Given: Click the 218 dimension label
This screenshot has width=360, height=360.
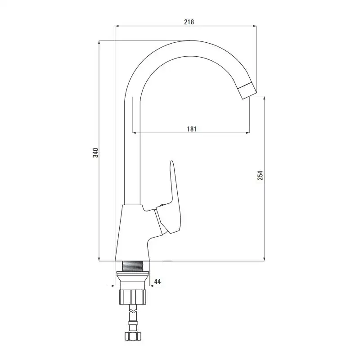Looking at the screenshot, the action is tap(189, 22).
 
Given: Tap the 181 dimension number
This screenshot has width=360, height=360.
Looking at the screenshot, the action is tap(192, 129).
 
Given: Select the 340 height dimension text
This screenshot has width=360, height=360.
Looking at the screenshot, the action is tap(95, 153).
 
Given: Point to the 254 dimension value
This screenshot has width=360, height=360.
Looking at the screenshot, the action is tap(260, 175).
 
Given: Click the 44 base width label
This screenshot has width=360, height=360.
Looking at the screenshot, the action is tap(157, 281).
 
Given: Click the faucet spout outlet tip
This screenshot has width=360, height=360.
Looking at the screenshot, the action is tap(247, 91).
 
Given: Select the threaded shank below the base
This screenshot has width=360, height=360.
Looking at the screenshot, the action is tap(132, 266).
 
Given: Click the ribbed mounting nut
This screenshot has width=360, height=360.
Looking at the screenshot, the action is tap(133, 297).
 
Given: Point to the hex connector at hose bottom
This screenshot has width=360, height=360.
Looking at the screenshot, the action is tap(133, 336).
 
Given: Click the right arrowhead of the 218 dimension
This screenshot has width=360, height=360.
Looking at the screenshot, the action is tap(254, 26).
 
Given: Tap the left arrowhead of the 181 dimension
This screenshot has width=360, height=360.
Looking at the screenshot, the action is tap(135, 132).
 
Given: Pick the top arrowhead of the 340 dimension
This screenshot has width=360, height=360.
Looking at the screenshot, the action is tap(99, 43).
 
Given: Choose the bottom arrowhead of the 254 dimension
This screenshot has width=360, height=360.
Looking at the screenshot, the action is tap(264, 259).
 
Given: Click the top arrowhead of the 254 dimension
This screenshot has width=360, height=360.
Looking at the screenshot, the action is tap(264, 99).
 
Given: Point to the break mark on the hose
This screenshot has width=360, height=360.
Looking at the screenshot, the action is tap(133, 311).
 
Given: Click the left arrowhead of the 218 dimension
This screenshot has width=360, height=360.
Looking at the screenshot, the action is tap(117, 26).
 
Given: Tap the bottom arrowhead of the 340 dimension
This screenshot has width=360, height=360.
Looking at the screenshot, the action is tap(99, 259).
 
